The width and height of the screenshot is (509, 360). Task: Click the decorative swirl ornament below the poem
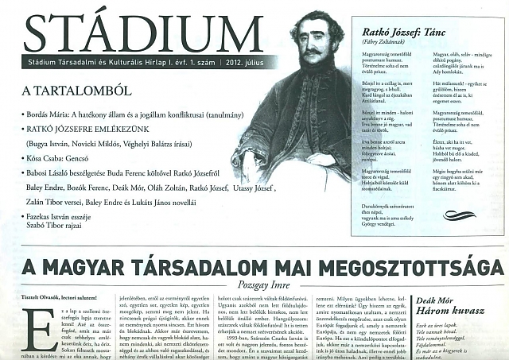[459, 215]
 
